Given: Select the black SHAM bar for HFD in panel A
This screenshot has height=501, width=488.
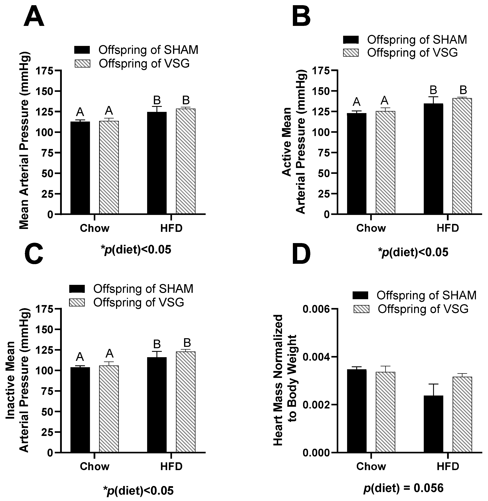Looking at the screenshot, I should pyautogui.click(x=157, y=163).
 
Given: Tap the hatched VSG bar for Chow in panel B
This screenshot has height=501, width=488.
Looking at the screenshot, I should pyautogui.click(x=385, y=162).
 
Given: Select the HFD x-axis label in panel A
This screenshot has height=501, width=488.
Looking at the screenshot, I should pyautogui.click(x=171, y=228).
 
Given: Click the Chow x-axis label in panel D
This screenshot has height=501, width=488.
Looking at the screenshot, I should pyautogui.click(x=371, y=466).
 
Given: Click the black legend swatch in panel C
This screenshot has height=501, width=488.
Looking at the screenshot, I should pyautogui.click(x=77, y=289).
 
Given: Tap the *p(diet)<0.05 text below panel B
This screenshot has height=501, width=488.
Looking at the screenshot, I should pyautogui.click(x=413, y=252).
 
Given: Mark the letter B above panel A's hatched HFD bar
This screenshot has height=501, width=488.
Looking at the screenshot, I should pyautogui.click(x=186, y=100).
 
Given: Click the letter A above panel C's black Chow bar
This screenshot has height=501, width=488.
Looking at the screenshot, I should pyautogui.click(x=80, y=357).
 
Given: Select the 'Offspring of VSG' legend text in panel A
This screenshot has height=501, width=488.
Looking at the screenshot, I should pyautogui.click(x=144, y=64).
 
